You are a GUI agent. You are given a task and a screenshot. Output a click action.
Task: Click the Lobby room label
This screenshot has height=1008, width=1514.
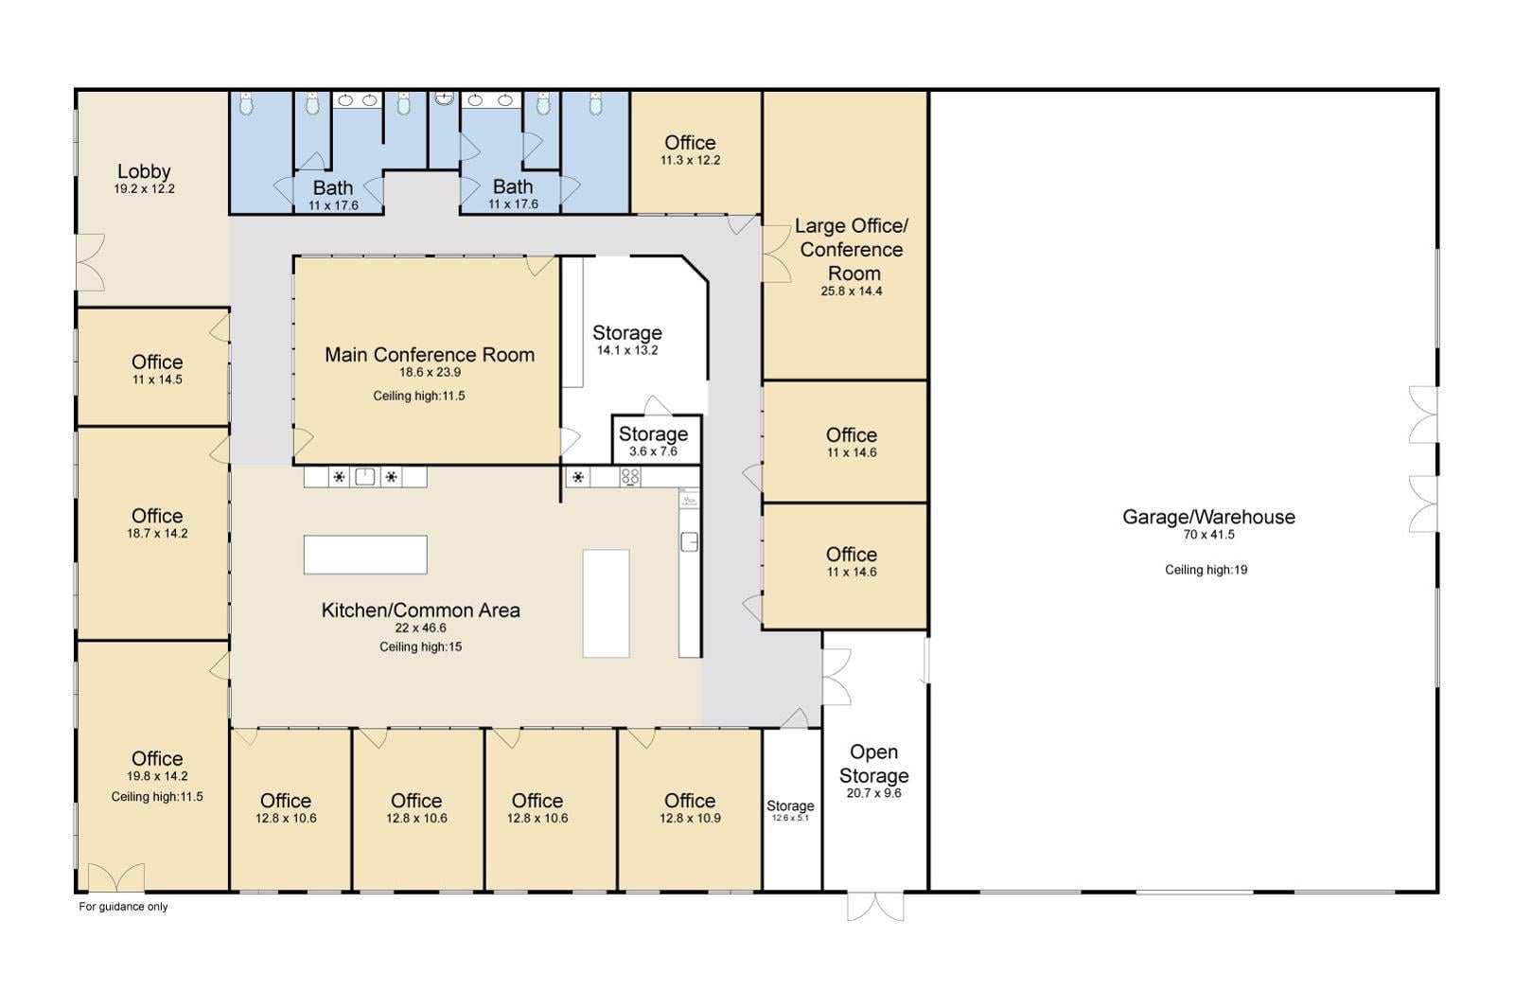144,171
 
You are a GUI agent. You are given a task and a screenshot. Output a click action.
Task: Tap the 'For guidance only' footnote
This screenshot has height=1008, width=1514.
123,907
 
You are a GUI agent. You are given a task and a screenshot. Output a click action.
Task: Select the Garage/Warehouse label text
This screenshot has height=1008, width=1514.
1208,517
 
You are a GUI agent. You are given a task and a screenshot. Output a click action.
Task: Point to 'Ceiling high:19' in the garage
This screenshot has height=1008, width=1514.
1206,570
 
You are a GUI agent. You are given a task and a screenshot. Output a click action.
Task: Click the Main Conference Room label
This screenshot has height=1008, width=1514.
430,355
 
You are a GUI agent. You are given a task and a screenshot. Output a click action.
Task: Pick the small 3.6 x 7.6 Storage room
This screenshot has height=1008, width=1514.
654,439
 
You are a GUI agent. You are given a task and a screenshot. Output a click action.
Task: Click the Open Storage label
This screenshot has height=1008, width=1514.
873,764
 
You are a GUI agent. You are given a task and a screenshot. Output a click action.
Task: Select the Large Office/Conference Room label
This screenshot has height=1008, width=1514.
852,249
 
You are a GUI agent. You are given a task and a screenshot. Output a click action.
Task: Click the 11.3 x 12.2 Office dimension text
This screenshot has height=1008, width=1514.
690,161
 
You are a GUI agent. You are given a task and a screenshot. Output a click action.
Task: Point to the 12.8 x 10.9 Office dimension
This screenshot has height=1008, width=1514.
690,819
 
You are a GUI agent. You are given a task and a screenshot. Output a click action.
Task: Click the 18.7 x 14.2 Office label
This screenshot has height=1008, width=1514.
157,516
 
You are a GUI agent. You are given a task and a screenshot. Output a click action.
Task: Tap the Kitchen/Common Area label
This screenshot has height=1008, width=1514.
421,610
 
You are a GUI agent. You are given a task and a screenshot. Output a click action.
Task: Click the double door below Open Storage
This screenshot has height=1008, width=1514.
875,906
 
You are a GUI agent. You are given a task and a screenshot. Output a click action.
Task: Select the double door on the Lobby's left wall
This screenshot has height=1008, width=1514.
91,262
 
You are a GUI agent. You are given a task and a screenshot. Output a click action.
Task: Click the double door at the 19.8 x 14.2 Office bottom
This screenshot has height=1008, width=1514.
116,878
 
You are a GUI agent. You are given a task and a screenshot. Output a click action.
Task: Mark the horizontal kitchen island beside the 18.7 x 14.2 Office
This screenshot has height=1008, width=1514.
365,555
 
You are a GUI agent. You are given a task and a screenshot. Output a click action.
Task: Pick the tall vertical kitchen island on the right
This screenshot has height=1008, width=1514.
606,603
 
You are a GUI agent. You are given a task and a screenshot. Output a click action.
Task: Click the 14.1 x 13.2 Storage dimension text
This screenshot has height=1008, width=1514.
627,350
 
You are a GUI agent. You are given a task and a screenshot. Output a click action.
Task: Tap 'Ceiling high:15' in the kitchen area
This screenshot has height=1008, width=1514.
421,647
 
